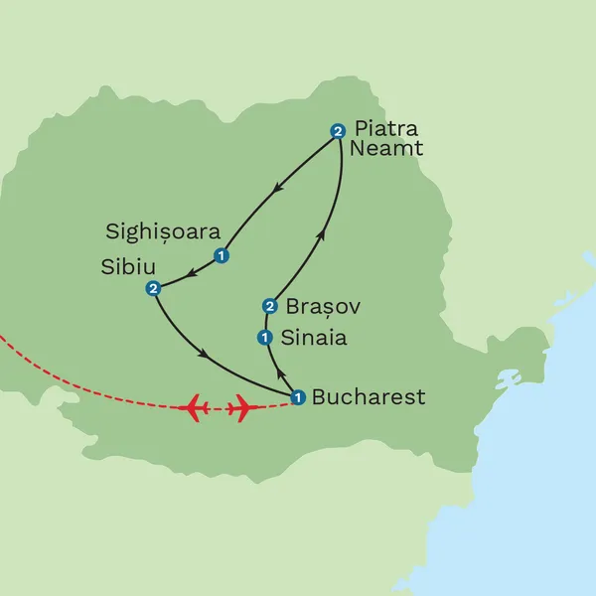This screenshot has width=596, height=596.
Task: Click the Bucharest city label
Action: pos(369,397)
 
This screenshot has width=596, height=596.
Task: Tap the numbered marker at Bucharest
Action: pos(297,397)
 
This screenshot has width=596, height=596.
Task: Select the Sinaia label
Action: pos(315,338)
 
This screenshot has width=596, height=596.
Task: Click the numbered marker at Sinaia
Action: pos(264,337)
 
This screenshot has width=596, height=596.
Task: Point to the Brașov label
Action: pos(322,306)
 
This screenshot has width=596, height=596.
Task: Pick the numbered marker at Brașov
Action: pos(268,305)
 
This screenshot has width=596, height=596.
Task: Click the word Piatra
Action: pos(387,130)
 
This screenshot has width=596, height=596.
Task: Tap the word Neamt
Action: pos(387,149)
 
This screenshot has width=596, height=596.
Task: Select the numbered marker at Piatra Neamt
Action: pos(338,130)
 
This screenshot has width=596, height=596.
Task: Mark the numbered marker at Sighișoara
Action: pos(222,255)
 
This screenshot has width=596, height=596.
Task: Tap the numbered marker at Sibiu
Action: pos(153,288)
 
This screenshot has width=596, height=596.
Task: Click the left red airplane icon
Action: pos(196,406)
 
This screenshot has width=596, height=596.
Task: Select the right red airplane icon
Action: pos(241,406)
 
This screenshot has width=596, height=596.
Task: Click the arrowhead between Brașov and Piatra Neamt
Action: pos(320,235)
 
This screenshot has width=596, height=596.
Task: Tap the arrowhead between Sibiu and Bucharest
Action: pos(205,354)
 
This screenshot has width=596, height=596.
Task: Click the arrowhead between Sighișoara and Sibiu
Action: pos(190,271)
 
